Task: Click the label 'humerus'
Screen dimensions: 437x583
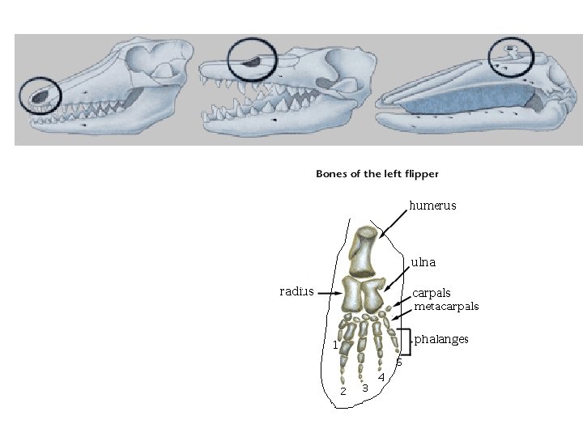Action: pos(432,206)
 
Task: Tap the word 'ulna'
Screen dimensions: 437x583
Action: pos(423,263)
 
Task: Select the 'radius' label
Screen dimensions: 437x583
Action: pos(296,291)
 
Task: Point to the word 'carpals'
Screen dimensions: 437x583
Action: pos(432,293)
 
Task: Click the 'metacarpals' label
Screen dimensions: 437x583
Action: pos(446,307)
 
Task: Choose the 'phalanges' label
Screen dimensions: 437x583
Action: pos(441,339)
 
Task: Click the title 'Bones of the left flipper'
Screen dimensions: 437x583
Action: pos(377,173)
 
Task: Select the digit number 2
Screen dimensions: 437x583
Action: pos(343,392)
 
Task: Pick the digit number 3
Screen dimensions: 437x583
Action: pos(365,388)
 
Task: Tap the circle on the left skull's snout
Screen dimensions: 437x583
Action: pos(40,96)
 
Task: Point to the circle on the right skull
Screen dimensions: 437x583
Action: pos(511,53)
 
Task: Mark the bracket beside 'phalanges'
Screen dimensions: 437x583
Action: pos(406,342)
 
